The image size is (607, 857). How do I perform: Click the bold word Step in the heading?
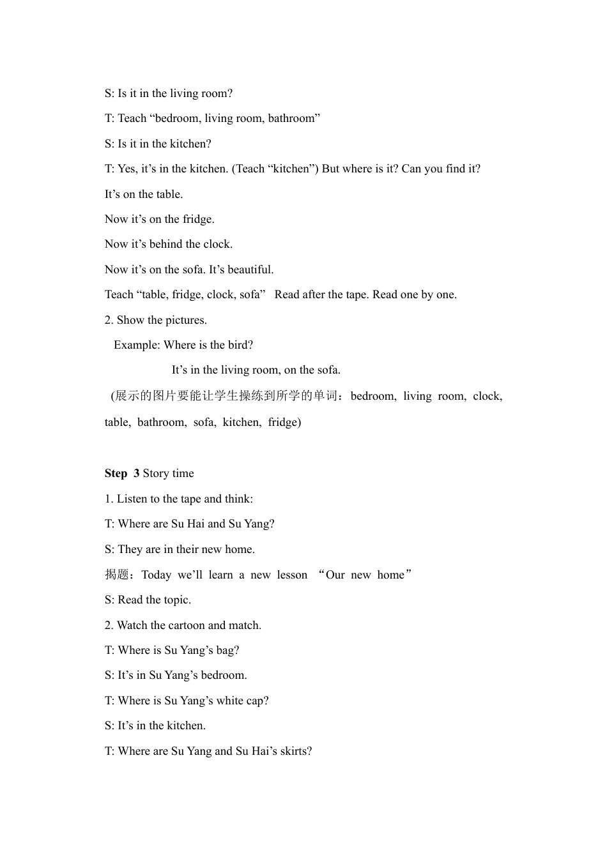click(x=116, y=473)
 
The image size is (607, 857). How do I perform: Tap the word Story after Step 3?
click(x=156, y=473)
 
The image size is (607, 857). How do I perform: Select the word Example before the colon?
click(x=136, y=345)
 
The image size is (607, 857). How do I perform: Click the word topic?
click(x=174, y=600)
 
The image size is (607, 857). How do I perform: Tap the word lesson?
click(x=292, y=575)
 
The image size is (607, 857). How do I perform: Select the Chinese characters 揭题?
click(x=117, y=575)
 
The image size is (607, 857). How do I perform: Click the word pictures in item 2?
click(x=183, y=320)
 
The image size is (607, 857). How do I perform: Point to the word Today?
click(x=156, y=575)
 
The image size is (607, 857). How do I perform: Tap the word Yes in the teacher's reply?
click(x=127, y=169)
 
